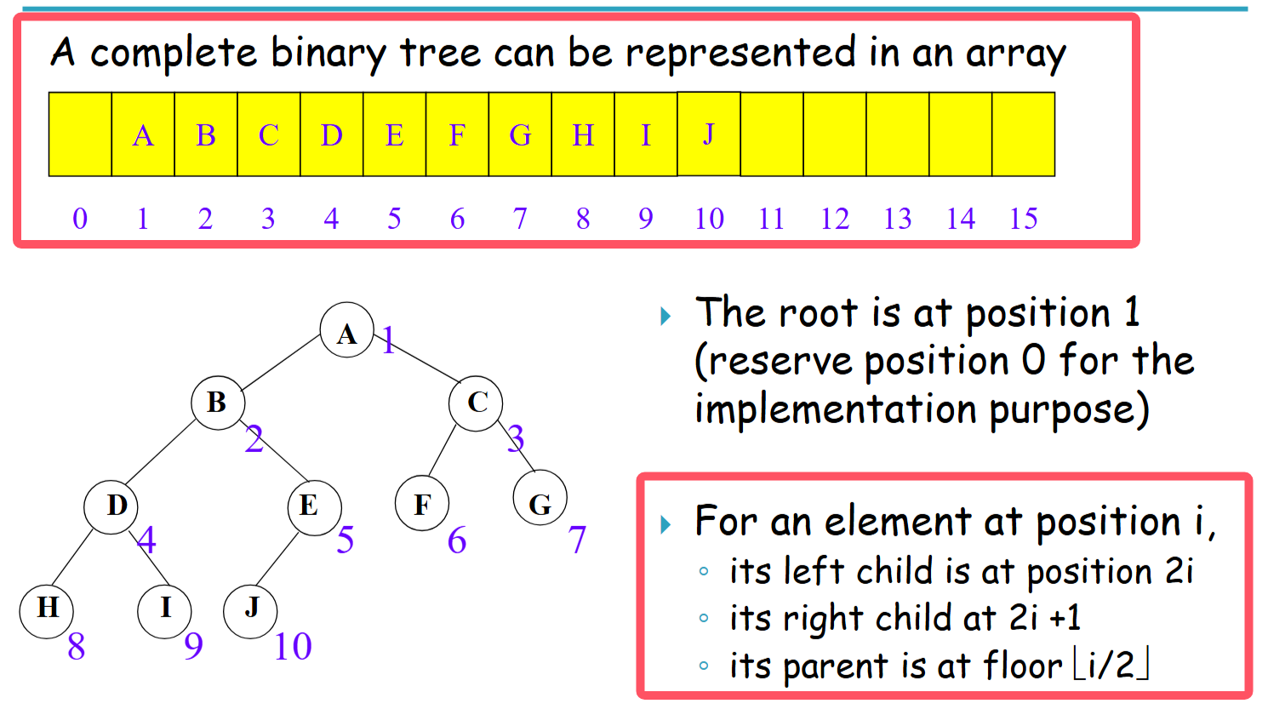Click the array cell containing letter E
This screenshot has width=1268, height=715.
pyautogui.click(x=394, y=134)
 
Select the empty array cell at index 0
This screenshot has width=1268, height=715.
pyautogui.click(x=80, y=134)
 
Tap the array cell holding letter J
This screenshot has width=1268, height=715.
pyautogui.click(x=708, y=134)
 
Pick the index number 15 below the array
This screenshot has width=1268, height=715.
pyautogui.click(x=1023, y=219)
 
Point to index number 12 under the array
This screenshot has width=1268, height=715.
pyautogui.click(x=834, y=219)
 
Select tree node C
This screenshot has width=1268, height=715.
pyautogui.click(x=476, y=403)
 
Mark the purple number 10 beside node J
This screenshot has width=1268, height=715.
pyautogui.click(x=293, y=647)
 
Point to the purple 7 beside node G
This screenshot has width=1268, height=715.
pyautogui.click(x=577, y=540)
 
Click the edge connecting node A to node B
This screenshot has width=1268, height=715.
pyautogui.click(x=282, y=366)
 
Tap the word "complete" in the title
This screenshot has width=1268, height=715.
pyautogui.click(x=174, y=54)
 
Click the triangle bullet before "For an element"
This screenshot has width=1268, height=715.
pyautogui.click(x=665, y=523)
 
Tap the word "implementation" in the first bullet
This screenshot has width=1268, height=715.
pyautogui.click(x=835, y=409)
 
